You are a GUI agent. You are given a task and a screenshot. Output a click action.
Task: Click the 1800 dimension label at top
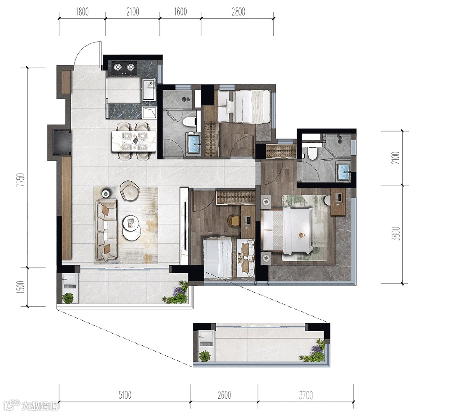(82, 12)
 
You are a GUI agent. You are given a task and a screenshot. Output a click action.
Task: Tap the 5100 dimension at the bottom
(125, 395)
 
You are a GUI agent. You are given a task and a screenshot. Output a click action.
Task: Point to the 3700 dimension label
(306, 395)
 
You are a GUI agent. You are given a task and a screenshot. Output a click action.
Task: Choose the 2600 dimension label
(224, 395)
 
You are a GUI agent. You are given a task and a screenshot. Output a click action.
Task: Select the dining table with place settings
(134, 141)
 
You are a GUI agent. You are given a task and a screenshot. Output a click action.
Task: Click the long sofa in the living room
(107, 230)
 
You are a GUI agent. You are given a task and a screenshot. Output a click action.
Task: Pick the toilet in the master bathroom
(311, 153)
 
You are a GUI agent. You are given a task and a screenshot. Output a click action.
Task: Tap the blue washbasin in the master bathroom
(343, 171)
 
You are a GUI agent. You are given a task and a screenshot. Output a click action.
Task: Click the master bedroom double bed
(287, 231)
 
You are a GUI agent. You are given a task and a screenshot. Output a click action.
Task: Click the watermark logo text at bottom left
(32, 405)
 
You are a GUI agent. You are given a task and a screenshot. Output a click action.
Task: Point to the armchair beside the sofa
(130, 190)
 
